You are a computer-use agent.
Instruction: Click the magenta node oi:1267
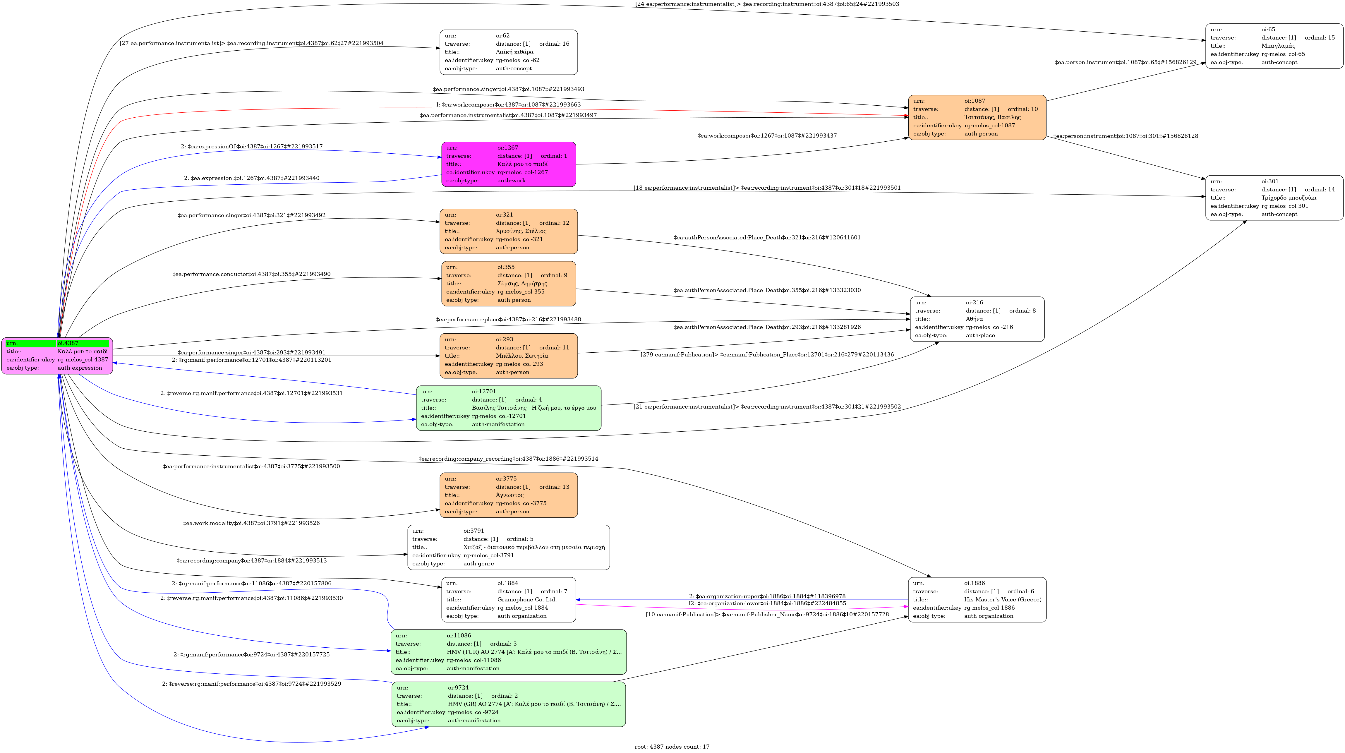[x=509, y=164]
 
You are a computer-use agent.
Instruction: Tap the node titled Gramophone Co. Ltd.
[x=509, y=599]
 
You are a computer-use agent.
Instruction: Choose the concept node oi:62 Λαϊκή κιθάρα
[x=509, y=52]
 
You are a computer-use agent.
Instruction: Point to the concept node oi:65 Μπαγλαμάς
[x=1274, y=46]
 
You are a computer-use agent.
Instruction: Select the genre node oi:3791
[x=509, y=547]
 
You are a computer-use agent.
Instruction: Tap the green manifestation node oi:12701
[x=509, y=408]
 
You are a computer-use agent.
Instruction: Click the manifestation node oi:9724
[x=509, y=704]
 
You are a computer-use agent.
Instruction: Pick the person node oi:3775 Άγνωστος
[x=509, y=495]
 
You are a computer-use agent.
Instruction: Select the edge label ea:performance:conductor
[x=251, y=274]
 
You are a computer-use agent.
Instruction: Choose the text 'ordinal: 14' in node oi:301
[x=1320, y=190]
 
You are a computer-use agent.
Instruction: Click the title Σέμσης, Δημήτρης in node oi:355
[x=522, y=284]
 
